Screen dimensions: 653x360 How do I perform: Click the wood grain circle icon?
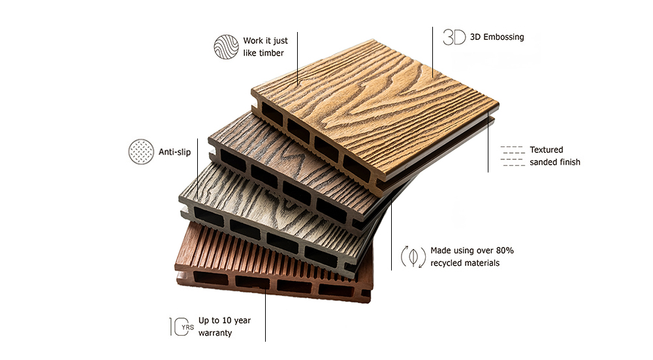click(226, 46)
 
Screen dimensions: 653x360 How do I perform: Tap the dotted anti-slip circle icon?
click(141, 152)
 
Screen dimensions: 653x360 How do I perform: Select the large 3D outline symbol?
click(454, 37)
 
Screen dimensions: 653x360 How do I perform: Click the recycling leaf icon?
click(413, 257)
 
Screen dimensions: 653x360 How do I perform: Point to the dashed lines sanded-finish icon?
click(513, 156)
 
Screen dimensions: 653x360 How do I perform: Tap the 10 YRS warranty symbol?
click(182, 327)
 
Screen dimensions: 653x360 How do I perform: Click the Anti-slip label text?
click(174, 152)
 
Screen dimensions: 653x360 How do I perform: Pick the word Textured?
click(546, 150)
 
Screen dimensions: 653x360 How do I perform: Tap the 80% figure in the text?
click(505, 250)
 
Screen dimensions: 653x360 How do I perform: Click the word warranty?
click(215, 333)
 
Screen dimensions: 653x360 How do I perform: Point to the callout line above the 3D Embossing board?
click(432, 52)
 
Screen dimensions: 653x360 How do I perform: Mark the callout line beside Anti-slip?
click(197, 169)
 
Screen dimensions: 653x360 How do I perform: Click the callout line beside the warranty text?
click(265, 314)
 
